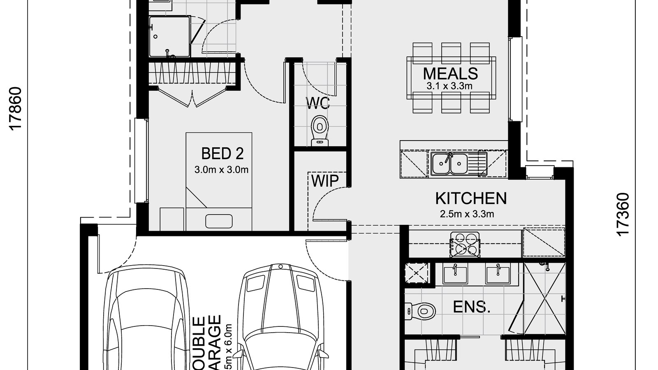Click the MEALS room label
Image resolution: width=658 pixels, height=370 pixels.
click(x=450, y=74)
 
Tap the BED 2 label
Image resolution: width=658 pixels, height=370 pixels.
click(x=222, y=153)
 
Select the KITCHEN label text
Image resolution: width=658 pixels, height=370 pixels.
click(x=471, y=198)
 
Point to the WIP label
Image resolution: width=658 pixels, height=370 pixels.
click(x=324, y=180)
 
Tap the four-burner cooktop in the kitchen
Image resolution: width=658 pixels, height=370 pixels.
click(x=465, y=244)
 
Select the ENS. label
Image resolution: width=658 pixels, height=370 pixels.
click(x=472, y=307)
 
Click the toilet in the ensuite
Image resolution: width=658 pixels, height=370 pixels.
click(x=421, y=310)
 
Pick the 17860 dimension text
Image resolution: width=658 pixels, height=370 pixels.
click(x=15, y=109)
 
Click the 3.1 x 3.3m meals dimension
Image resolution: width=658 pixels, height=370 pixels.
click(x=449, y=86)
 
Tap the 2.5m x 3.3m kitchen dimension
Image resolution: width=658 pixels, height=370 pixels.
click(x=467, y=214)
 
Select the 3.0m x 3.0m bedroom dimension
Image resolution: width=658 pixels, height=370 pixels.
click(x=221, y=169)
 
